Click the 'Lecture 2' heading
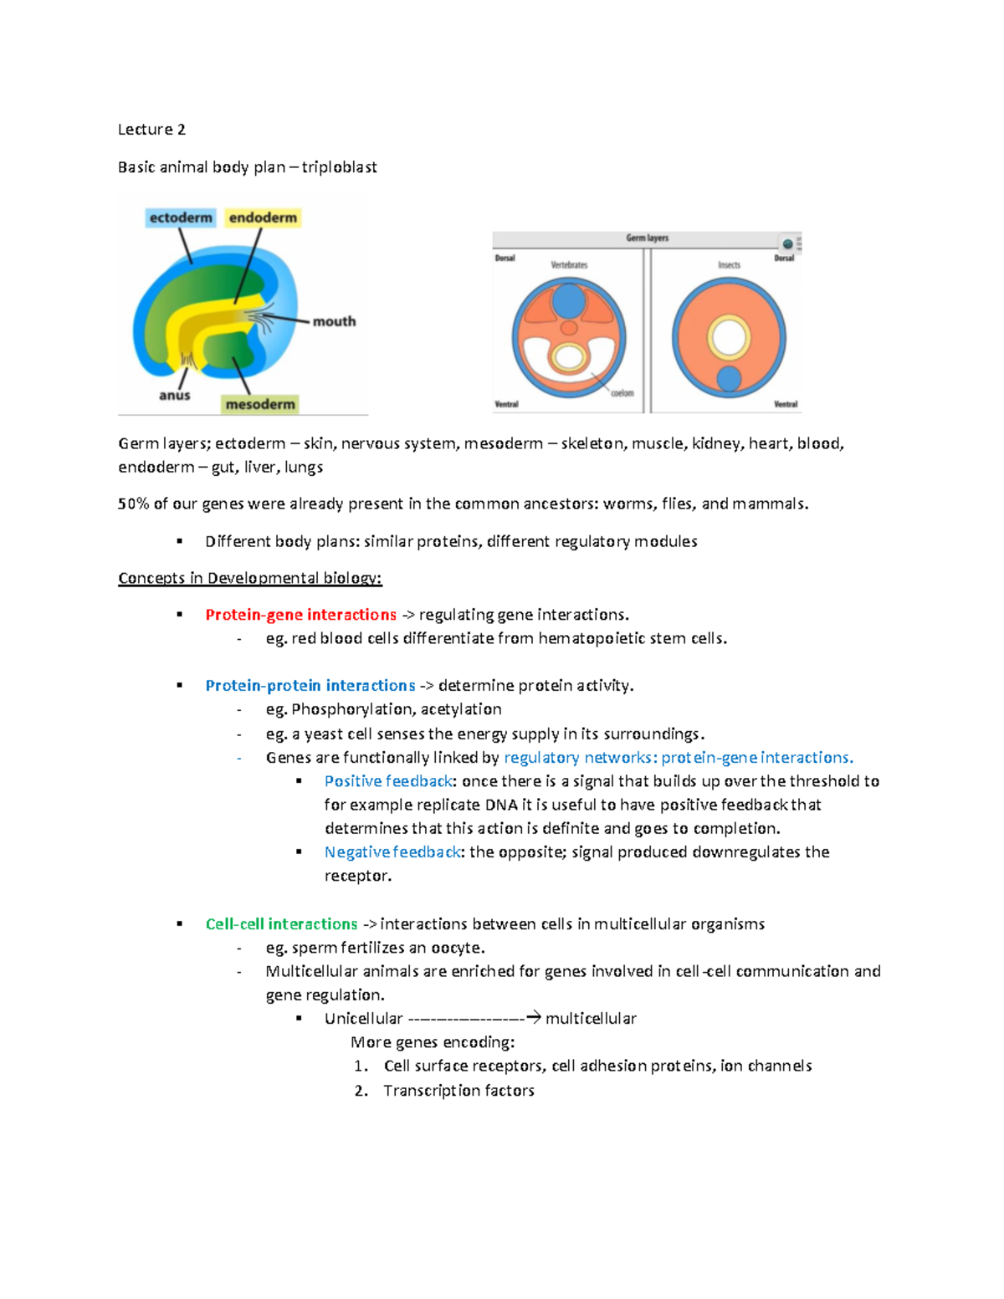(x=151, y=130)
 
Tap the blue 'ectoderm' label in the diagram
(x=181, y=217)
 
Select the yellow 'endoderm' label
(x=263, y=217)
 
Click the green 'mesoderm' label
(x=260, y=404)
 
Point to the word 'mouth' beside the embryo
(x=334, y=321)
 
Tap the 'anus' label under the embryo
(x=175, y=395)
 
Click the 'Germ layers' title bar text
(x=647, y=238)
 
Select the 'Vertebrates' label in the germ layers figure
(x=569, y=265)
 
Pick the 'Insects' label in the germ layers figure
(x=729, y=265)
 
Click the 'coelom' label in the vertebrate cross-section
(x=622, y=393)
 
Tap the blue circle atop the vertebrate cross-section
(x=569, y=300)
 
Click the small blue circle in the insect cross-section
(x=729, y=379)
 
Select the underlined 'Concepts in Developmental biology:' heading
(x=249, y=578)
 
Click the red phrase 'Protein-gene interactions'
(x=300, y=615)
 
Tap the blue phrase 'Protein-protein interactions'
(x=310, y=686)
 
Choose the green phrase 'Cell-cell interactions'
(x=281, y=924)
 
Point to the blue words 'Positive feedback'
(x=388, y=781)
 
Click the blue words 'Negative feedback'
(x=392, y=852)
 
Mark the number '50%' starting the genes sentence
(x=133, y=504)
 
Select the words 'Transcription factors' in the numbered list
(x=458, y=1091)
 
